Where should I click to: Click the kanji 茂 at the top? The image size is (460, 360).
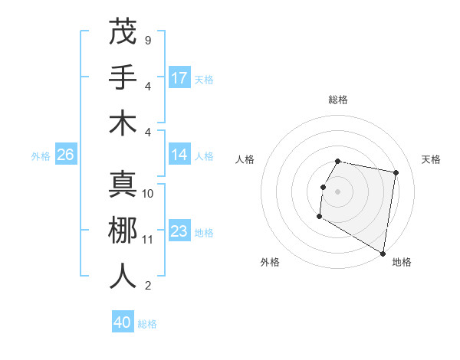coord(123,31)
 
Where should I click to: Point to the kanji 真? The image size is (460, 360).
coord(123,184)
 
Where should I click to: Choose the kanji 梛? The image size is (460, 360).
coord(123,230)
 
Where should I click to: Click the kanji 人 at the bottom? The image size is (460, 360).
coord(123,276)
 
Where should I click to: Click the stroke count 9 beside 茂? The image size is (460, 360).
coord(147,40)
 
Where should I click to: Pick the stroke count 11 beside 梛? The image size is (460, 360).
coord(148,240)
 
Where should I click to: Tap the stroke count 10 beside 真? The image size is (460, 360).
coord(148,194)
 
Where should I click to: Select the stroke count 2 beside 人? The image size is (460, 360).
coord(147,286)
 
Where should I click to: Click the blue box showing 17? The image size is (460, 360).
coord(179,77)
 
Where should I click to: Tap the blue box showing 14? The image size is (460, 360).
coord(179,155)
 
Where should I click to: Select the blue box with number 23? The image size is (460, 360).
coord(179,231)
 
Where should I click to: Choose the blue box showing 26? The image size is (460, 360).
coord(65,155)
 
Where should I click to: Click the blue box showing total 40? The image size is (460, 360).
coord(123,322)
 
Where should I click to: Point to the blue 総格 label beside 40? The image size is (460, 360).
coord(147,324)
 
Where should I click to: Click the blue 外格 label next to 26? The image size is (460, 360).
coord(41,156)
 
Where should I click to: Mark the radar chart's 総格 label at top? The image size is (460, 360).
coord(338,100)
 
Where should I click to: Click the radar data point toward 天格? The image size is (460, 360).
coord(396,173)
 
